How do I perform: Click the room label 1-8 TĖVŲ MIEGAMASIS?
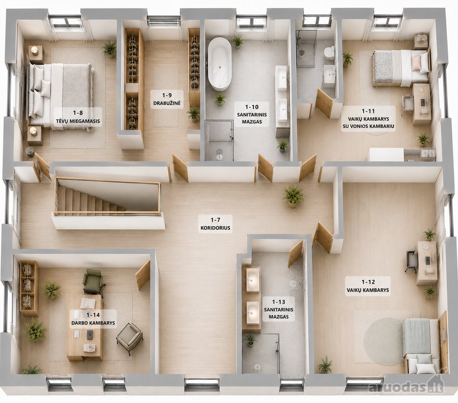point(78,117)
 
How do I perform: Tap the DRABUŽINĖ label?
point(167,103)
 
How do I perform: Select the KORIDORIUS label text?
point(215,228)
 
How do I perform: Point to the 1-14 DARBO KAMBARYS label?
point(93,319)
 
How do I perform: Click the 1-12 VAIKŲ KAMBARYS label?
point(368,286)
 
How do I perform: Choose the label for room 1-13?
point(278,309)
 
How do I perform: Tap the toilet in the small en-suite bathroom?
point(330,53)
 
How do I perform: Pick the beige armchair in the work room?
point(129,337)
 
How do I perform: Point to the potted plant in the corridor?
point(293,195)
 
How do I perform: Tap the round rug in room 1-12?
point(379,341)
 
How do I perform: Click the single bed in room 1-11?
point(401,68)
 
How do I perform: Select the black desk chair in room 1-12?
point(411,261)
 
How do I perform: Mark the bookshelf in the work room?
point(29,288)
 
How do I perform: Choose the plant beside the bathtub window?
point(238,42)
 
